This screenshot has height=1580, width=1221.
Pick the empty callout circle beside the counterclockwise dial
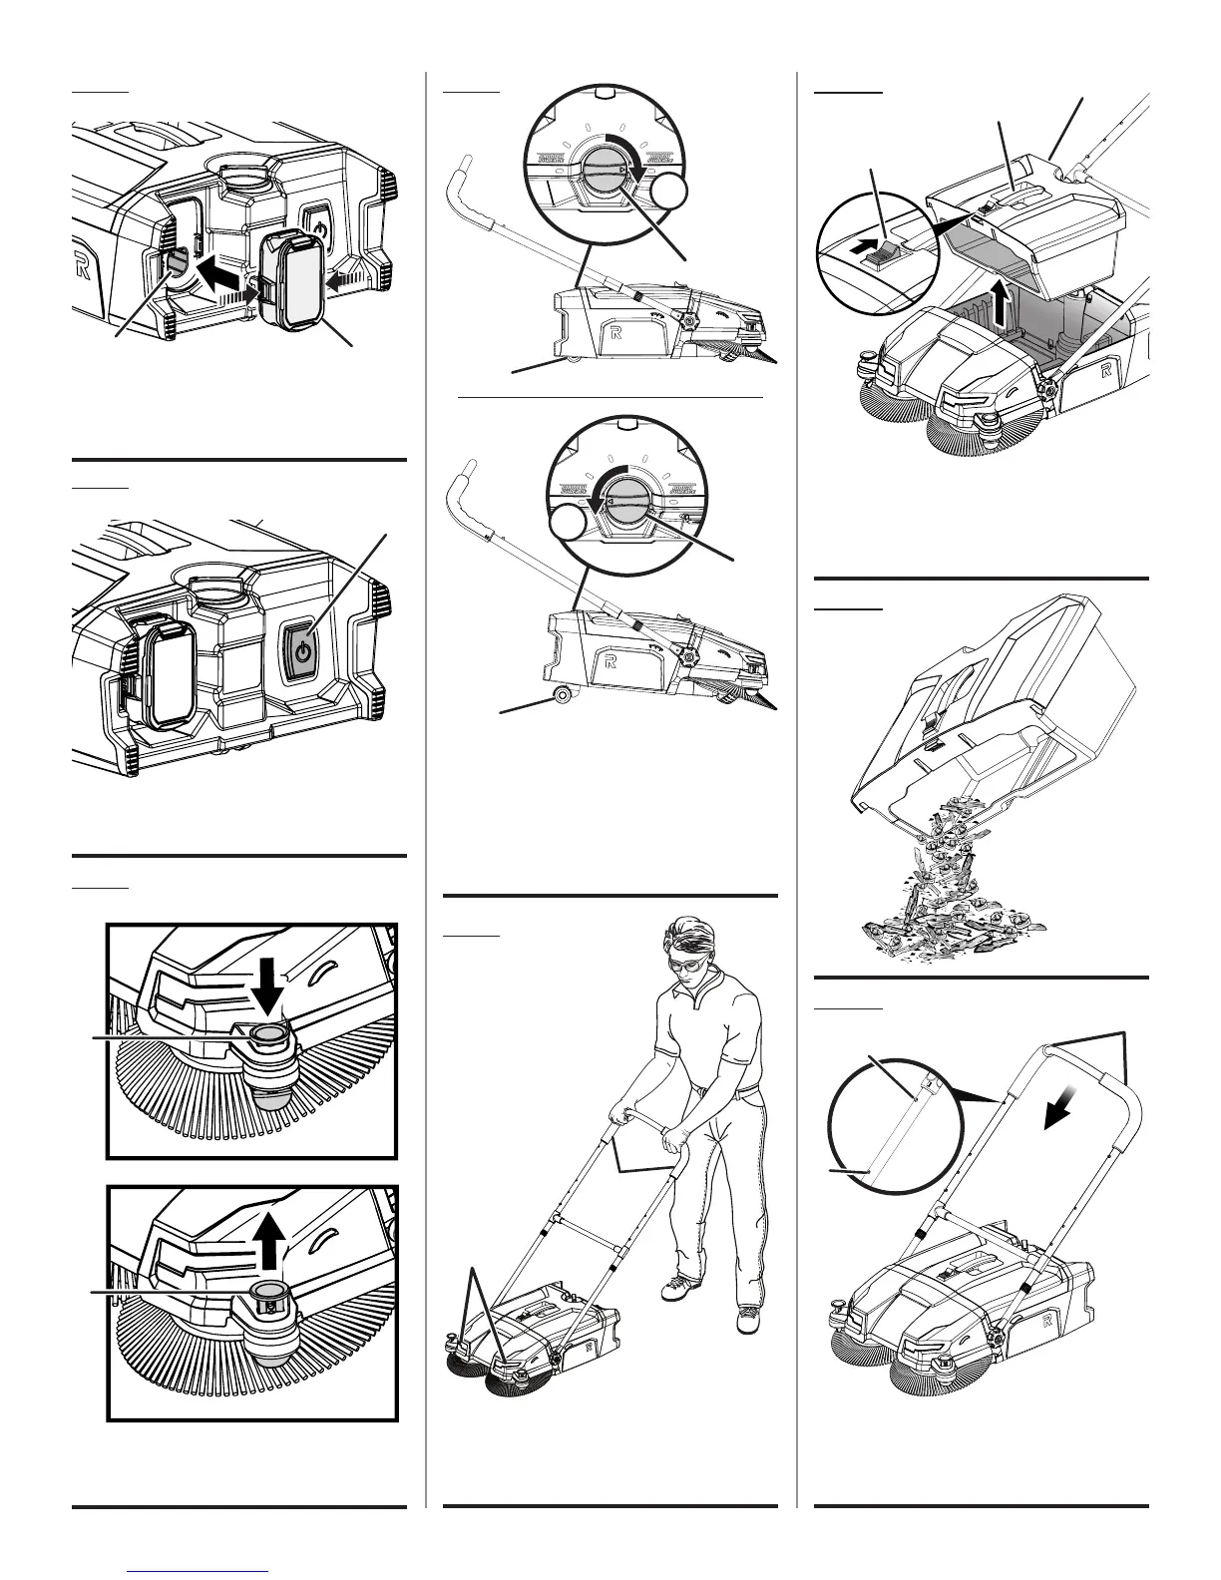pyautogui.click(x=570, y=524)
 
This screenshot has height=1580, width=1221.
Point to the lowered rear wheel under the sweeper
pyautogui.click(x=561, y=695)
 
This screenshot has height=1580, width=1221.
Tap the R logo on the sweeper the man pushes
pyautogui.click(x=590, y=1347)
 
